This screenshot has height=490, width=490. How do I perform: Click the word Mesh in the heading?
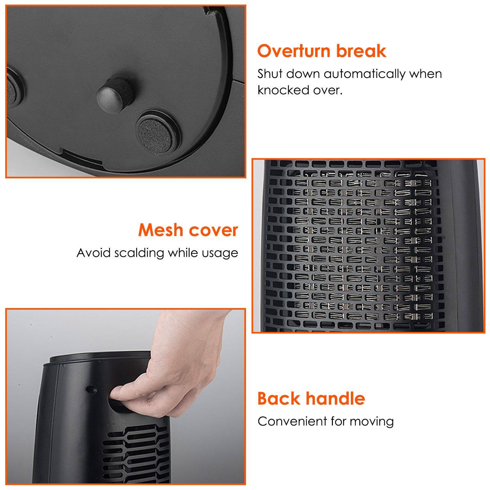click(160, 230)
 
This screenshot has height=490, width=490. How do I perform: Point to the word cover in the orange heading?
click(214, 230)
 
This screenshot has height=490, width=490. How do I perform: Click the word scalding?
click(139, 253)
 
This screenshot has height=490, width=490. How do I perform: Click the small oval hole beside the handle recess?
click(91, 389)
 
